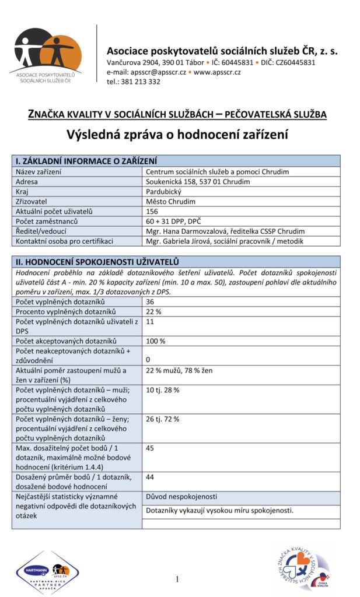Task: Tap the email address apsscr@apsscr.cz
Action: tap(158, 72)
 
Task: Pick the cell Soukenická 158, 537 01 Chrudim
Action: tap(198, 182)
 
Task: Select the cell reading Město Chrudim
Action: tap(170, 202)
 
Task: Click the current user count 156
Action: tap(152, 212)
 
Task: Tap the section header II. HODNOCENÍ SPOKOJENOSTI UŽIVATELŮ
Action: tap(97, 262)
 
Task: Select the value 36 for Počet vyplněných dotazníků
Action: tap(150, 301)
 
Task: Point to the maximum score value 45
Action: tap(150, 448)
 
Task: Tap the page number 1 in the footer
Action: tap(177, 579)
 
